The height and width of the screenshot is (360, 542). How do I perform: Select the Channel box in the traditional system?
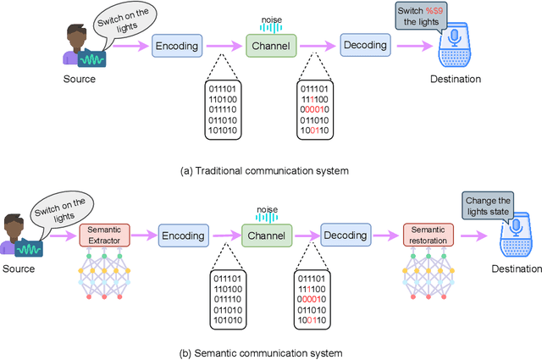(270, 46)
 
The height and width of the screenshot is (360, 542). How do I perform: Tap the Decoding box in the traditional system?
(365, 46)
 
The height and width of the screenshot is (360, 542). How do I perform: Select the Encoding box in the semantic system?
(183, 235)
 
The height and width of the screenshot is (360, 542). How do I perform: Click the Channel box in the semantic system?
(268, 235)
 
